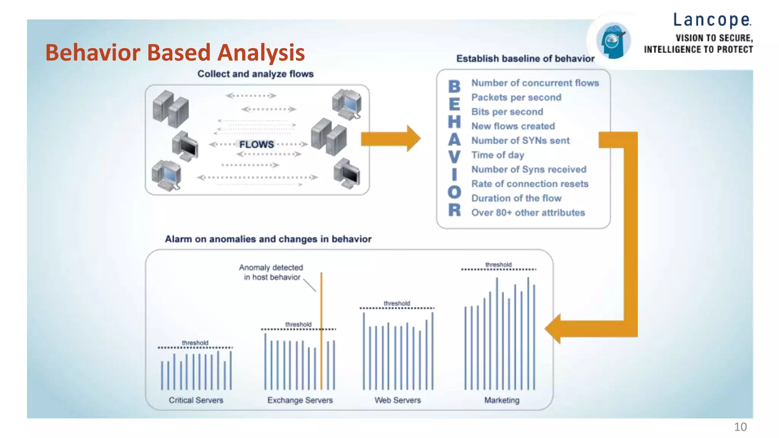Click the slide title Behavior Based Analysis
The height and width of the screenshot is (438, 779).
(x=175, y=52)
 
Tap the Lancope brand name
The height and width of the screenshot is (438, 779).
(x=712, y=20)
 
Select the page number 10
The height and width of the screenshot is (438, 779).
(x=740, y=427)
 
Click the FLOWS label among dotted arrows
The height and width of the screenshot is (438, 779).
(x=256, y=144)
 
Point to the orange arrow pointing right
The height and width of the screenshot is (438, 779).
(x=390, y=138)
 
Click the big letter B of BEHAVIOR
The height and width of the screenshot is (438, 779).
(x=454, y=87)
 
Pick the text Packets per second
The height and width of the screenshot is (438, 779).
(x=516, y=97)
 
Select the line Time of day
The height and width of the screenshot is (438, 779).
(x=498, y=155)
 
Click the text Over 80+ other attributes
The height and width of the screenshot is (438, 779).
(x=528, y=213)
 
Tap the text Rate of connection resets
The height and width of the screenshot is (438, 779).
(x=529, y=184)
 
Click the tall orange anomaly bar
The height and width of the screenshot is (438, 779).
(x=321, y=331)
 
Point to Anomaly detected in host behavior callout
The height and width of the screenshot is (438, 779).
(x=272, y=272)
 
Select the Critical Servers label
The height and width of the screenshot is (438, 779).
(x=196, y=400)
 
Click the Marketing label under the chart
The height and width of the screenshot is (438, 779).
(x=501, y=400)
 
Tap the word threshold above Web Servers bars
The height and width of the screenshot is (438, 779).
(x=397, y=303)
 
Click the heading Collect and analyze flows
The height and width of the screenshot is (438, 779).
(x=255, y=74)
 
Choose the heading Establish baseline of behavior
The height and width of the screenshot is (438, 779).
(x=525, y=59)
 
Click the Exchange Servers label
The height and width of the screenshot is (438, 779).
(x=300, y=400)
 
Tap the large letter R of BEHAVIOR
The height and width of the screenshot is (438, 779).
(x=454, y=210)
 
